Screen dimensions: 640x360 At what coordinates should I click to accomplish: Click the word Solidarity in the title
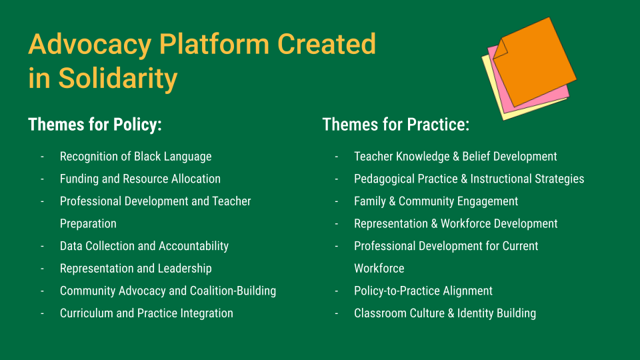(118, 79)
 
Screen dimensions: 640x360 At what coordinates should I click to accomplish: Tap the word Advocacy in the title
(90, 45)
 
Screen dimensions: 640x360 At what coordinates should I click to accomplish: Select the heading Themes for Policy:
(95, 125)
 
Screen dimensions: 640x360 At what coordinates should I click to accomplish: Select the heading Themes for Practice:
(396, 125)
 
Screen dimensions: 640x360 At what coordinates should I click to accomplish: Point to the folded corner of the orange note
(501, 49)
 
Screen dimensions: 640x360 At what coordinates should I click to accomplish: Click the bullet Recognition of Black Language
(135, 156)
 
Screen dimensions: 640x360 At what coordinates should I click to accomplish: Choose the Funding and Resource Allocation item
(140, 179)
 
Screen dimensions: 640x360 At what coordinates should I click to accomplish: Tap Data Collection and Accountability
(144, 246)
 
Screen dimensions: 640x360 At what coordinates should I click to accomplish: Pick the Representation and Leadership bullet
(135, 269)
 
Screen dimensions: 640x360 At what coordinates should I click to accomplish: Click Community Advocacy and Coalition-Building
(168, 291)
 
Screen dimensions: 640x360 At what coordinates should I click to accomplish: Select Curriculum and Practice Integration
(147, 313)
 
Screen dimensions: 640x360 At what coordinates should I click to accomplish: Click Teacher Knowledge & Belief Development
(455, 156)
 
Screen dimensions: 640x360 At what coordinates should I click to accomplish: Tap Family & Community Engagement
(436, 201)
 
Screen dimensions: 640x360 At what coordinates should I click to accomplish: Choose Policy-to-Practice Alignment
(423, 291)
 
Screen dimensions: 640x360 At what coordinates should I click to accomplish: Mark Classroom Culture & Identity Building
(445, 313)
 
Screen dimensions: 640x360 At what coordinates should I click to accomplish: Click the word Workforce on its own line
(379, 269)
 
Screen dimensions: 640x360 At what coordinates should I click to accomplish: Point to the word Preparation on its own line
(88, 224)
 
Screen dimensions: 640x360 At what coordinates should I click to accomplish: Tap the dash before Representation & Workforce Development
(336, 224)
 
